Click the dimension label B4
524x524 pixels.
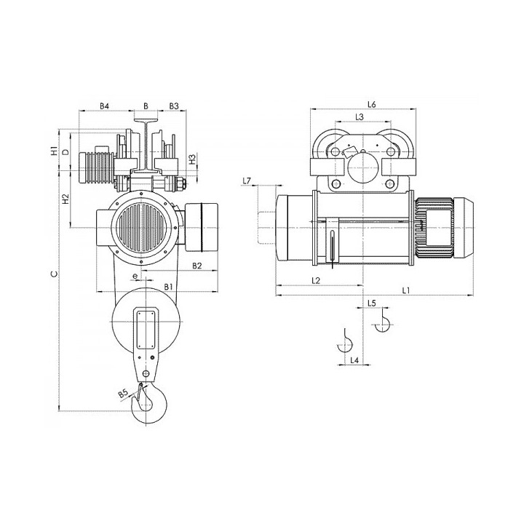[105, 106]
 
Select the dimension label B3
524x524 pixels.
[174, 106]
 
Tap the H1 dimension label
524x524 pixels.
[53, 151]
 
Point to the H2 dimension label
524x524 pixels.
[65, 199]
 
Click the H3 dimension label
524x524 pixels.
[192, 159]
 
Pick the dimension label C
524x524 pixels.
[54, 274]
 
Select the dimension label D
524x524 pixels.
[66, 152]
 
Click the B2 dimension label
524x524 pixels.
[197, 266]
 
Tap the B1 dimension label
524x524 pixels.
[168, 287]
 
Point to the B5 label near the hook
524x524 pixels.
[123, 394]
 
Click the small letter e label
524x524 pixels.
[135, 276]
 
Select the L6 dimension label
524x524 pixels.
[372, 105]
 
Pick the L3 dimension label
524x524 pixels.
[360, 117]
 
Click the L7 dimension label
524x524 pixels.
[247, 181]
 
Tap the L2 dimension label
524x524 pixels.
[316, 280]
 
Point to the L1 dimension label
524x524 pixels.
[405, 290]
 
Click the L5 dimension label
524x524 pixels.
[372, 303]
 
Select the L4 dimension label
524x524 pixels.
[354, 360]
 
